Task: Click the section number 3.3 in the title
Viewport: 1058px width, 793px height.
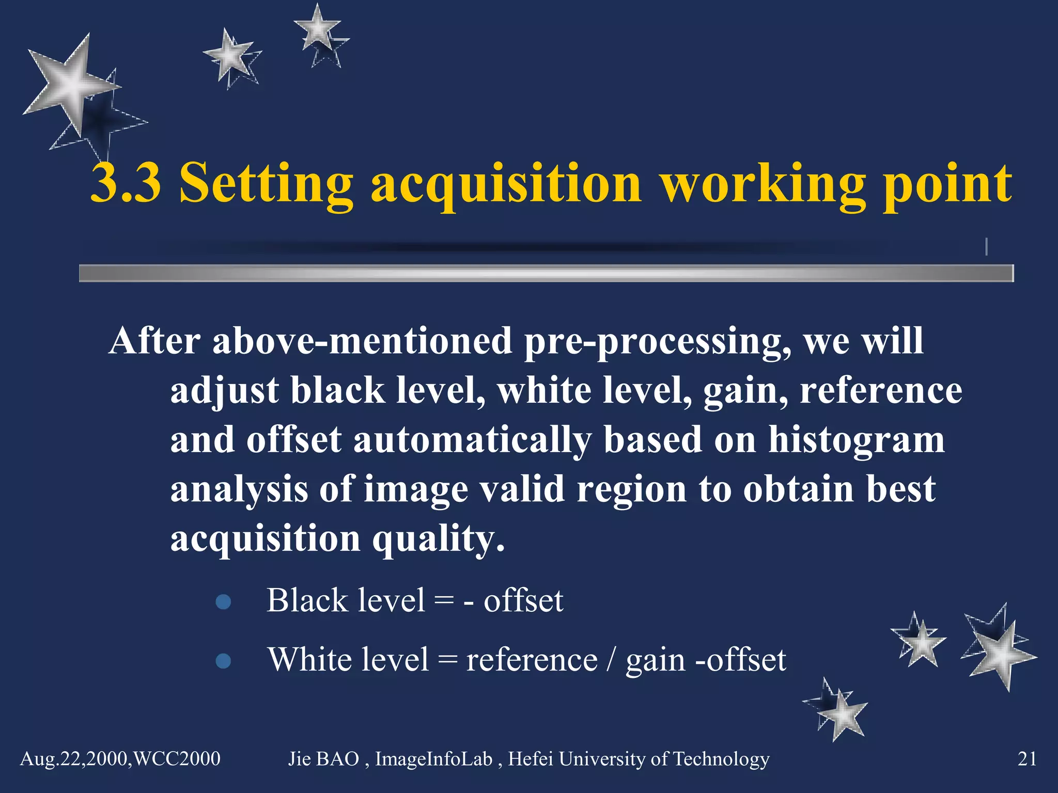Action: pos(126,183)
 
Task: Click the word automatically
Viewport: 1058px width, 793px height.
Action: pos(472,440)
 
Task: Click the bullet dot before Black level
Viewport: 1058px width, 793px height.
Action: pos(223,602)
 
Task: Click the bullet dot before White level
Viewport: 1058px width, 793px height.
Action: pos(223,661)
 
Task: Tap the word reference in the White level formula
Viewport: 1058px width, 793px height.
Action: pos(532,660)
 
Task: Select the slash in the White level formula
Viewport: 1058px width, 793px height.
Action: pos(612,660)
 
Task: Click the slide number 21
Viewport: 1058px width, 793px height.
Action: pos(1027,759)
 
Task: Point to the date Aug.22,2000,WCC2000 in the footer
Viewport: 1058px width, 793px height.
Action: pos(120,759)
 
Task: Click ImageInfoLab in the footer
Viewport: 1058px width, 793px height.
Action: pos(433,759)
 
